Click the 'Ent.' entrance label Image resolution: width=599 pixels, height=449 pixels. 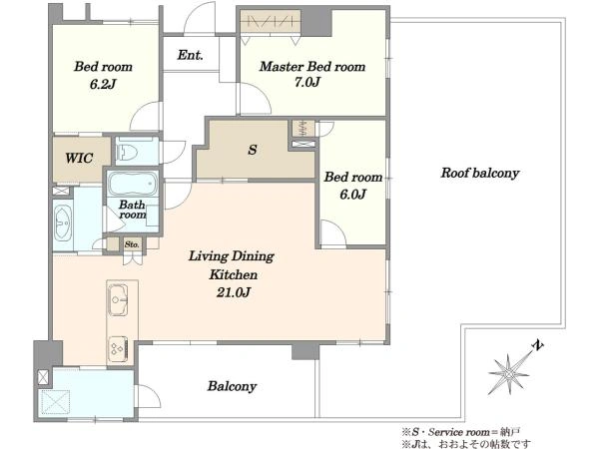190,55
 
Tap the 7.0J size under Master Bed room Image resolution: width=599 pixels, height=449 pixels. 306,82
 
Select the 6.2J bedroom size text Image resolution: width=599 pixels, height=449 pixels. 103,84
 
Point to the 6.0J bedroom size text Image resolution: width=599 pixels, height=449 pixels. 353,195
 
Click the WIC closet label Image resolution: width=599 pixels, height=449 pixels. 79,158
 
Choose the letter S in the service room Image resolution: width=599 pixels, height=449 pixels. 253,150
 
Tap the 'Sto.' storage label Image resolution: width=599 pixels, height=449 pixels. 132,244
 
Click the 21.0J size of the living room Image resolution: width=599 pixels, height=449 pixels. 233,292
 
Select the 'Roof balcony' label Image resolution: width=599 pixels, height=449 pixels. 480,173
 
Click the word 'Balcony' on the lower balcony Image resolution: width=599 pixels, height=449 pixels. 232,386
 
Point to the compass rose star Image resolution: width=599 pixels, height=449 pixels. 508,374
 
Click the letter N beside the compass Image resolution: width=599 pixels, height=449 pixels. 538,345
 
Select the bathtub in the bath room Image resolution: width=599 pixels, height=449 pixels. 132,184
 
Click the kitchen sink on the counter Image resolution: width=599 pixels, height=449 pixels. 118,300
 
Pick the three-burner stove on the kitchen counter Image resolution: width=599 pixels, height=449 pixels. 118,349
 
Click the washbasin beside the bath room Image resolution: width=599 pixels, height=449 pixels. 63,224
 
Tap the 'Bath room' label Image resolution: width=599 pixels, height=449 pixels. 132,210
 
